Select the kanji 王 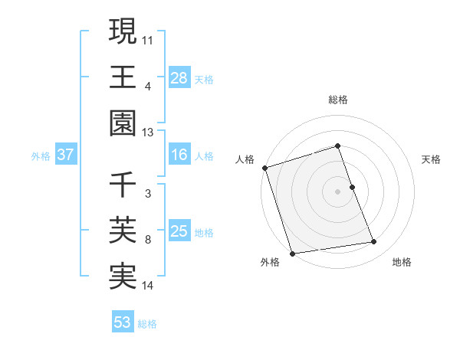point(123,77)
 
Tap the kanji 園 point(123,123)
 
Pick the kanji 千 point(123,185)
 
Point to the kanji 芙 point(123,231)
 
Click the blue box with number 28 point(179,77)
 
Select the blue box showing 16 point(179,155)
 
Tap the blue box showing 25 point(179,231)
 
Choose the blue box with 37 point(66,155)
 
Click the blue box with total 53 point(123,322)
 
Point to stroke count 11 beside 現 point(148,39)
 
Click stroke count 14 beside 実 point(148,286)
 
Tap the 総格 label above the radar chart point(338,100)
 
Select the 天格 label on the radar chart point(432,159)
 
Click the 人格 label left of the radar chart point(245,159)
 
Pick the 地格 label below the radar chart point(402,262)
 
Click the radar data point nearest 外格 point(292,253)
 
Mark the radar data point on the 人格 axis point(264,168)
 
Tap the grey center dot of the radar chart point(338,191)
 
